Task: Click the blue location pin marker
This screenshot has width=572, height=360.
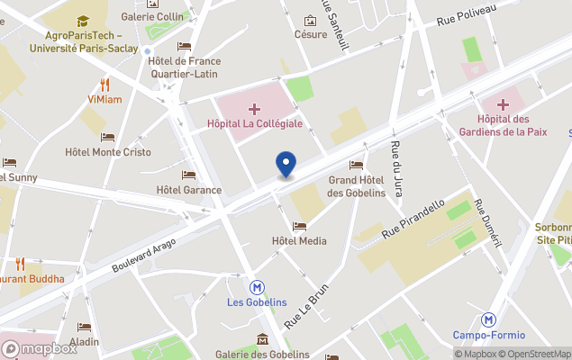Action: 286,165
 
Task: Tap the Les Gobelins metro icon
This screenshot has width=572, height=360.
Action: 258,287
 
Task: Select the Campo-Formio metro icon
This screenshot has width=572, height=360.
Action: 489,319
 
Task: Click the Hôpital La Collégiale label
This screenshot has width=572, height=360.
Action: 255,123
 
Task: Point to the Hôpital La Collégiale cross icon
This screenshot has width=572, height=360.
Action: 255,108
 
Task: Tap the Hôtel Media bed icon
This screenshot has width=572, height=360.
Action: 299,226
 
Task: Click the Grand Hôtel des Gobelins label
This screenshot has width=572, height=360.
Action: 356,185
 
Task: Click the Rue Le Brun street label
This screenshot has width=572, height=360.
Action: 308,308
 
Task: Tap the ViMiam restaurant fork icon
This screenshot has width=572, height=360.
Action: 105,85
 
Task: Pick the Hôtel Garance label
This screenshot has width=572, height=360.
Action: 189,190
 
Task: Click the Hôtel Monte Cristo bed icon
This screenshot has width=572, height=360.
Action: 107,138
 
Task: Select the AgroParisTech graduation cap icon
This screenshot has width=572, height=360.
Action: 83,21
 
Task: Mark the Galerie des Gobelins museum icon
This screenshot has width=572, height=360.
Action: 262,338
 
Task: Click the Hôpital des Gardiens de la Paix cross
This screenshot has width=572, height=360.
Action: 503,106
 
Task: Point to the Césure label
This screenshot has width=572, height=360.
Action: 311,34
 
